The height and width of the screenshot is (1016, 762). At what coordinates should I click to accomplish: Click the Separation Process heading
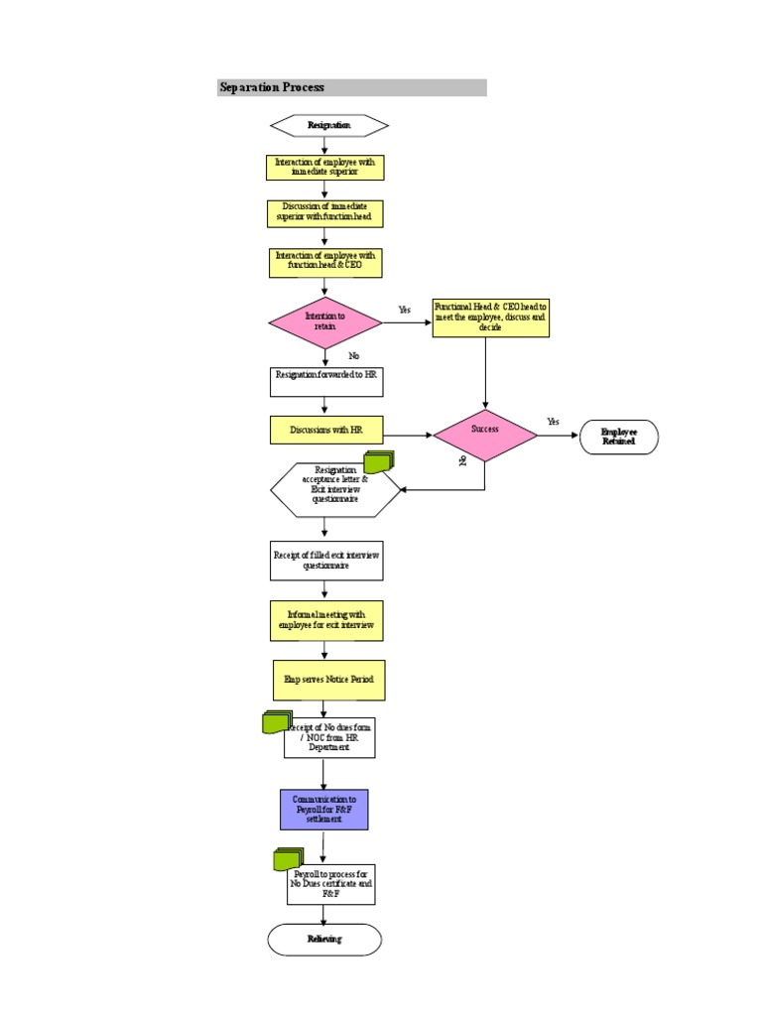[273, 87]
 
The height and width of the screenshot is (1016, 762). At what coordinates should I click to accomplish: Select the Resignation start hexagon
[328, 125]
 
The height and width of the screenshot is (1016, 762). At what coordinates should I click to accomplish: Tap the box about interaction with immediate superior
[324, 167]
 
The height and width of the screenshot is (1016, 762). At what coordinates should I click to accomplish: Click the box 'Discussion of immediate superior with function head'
[324, 212]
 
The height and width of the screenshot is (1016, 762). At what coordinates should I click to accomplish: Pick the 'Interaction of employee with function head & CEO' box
[324, 262]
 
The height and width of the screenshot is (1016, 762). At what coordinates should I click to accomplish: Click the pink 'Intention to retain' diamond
[325, 322]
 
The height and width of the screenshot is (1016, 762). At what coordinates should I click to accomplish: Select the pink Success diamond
[485, 435]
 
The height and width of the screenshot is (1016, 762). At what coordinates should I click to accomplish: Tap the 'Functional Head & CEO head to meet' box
[490, 318]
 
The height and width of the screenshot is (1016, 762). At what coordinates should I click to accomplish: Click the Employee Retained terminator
[619, 437]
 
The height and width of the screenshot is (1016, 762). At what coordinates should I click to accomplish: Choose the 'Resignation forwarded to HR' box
[325, 382]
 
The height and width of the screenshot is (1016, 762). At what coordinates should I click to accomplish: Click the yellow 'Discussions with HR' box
[325, 430]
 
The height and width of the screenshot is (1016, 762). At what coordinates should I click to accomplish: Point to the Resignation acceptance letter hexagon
[334, 489]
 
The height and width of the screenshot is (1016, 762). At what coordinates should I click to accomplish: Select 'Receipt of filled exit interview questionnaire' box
[325, 561]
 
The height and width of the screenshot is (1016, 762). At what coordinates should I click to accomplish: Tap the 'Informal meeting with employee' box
[325, 620]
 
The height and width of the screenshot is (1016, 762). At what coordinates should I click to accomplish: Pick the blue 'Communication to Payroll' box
[323, 810]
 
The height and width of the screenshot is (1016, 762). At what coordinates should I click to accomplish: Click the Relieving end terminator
[324, 939]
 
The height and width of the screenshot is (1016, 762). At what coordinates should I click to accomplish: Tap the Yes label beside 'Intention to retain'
[404, 310]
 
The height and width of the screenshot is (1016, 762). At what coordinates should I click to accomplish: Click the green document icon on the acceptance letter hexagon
[379, 461]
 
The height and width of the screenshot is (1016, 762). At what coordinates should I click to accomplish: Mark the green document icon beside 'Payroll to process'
[288, 859]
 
